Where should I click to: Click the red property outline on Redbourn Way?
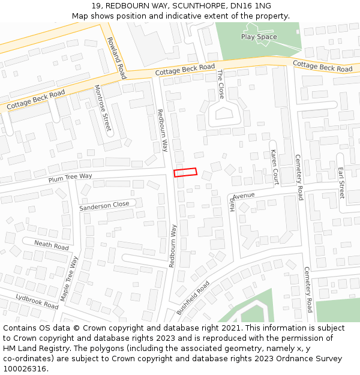[x=185, y=172]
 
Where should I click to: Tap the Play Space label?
[x=259, y=37]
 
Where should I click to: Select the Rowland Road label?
[x=116, y=58]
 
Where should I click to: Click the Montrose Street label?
[x=103, y=108]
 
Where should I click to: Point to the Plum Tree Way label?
[x=70, y=177]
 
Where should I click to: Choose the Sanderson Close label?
[x=104, y=205]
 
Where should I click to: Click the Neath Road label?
[x=52, y=245]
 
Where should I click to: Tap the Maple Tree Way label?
[x=70, y=279]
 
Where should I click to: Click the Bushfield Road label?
[x=193, y=298]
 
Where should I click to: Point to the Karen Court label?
[x=274, y=167]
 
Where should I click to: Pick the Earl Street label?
[x=341, y=182]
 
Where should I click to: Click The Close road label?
[x=220, y=84]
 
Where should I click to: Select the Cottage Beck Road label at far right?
[x=322, y=66]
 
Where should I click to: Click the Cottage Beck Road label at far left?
[x=35, y=100]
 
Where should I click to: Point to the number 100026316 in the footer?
[x=25, y=368]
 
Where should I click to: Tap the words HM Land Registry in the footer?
[x=34, y=348]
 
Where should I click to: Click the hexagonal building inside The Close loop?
[x=224, y=114]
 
